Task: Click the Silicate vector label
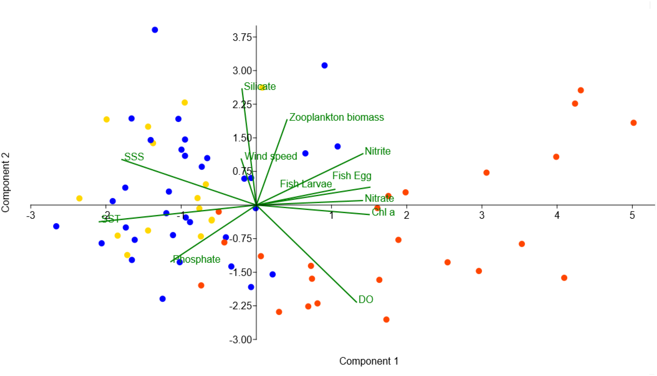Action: point(260,87)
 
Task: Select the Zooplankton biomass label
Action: point(336,117)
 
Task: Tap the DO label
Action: point(366,299)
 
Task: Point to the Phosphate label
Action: point(196,259)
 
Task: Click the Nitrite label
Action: point(378,151)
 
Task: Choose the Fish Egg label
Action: point(352,176)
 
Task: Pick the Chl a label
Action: point(383,212)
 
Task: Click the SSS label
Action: point(134,157)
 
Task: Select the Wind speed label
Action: point(271,156)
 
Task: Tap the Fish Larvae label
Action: point(306,184)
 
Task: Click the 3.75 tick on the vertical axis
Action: point(242,37)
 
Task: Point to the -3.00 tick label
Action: point(240,340)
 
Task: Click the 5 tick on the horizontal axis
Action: point(632,215)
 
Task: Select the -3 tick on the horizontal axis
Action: point(31,215)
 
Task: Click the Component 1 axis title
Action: point(368,361)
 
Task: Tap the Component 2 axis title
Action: point(6,182)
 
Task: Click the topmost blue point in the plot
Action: point(155,30)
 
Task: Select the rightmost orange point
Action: point(633,123)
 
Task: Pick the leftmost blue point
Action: point(56,226)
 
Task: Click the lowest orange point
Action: point(386,320)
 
